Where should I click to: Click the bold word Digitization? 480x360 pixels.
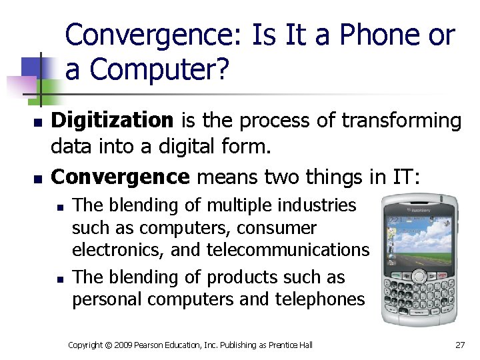pyautogui.click(x=112, y=121)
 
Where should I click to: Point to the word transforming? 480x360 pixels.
pyautogui.click(x=401, y=121)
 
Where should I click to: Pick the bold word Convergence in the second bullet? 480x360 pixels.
pyautogui.click(x=120, y=177)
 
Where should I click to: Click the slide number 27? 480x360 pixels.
pyautogui.click(x=459, y=345)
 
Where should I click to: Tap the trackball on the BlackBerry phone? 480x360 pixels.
pyautogui.click(x=419, y=276)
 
